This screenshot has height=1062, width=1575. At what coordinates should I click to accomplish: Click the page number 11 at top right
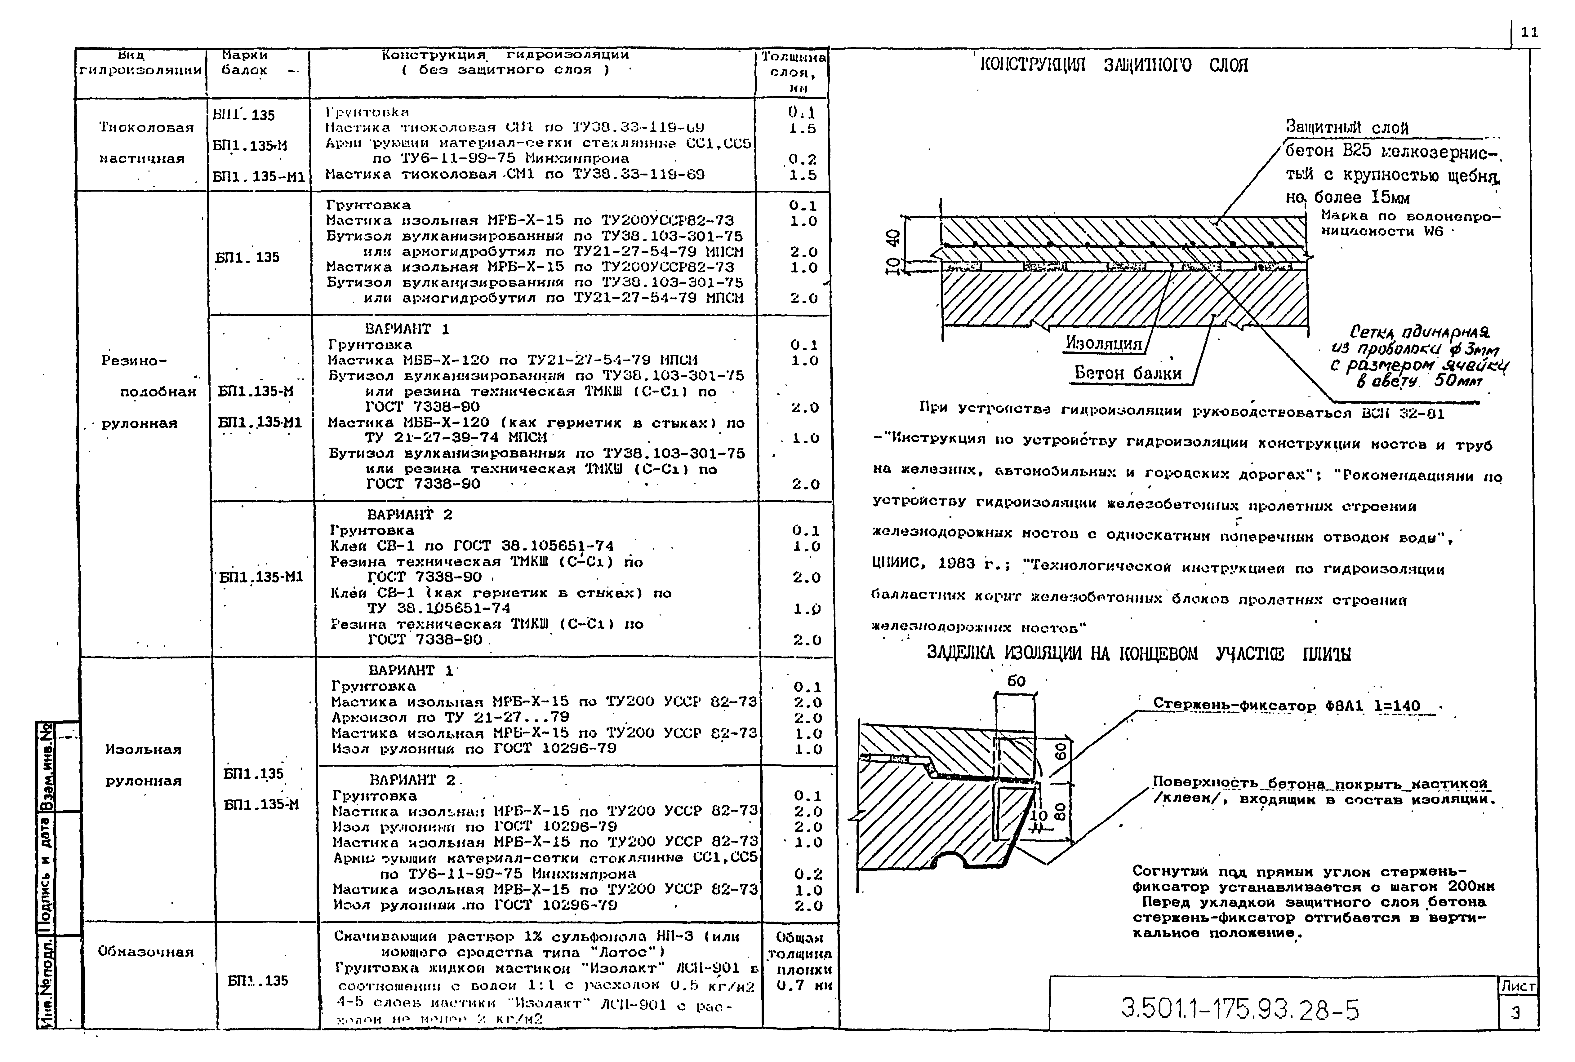point(1529,33)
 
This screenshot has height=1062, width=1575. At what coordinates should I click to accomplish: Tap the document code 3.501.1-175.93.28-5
point(1240,1010)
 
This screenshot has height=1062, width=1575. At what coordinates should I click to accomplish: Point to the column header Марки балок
point(245,62)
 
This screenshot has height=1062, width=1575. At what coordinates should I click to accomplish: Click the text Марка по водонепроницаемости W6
point(1409,223)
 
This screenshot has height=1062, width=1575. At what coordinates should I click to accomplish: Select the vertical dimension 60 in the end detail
point(1061,750)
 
